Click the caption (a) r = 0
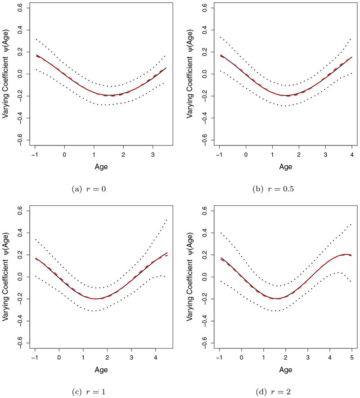coord(92,188)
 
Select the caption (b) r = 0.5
coord(274,188)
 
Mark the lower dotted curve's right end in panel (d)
coord(351,281)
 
